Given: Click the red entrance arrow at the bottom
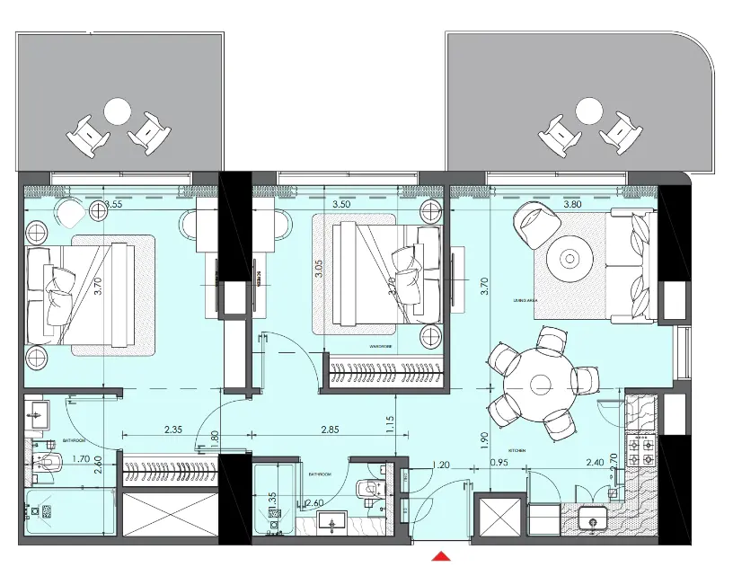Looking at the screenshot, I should [x=440, y=557].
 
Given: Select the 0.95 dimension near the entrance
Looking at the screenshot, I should [x=499, y=465].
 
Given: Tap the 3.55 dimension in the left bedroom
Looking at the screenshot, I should [x=112, y=204].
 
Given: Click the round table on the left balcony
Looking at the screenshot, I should [x=118, y=111].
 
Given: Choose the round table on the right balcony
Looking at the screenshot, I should [x=588, y=111].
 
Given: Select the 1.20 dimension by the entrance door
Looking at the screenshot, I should [x=440, y=465].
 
